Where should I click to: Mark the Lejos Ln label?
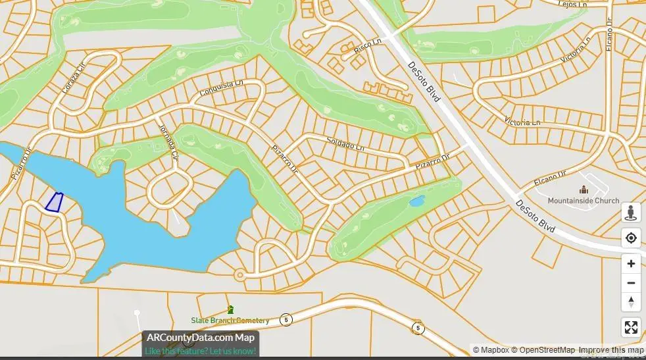pyautogui.click(x=572, y=4)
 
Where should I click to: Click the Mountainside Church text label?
pyautogui.click(x=584, y=201)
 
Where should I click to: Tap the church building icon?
pyautogui.click(x=583, y=190)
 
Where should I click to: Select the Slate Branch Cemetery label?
pyautogui.click(x=230, y=321)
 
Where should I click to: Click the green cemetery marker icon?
pyautogui.click(x=230, y=309)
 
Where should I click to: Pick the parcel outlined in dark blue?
pyautogui.click(x=54, y=202)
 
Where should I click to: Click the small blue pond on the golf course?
pyautogui.click(x=416, y=201)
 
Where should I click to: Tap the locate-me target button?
pyautogui.click(x=631, y=238)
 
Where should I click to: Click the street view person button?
pyautogui.click(x=631, y=213)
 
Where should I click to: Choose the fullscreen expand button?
pyautogui.click(x=631, y=327)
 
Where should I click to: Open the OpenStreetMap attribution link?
pyautogui.click(x=543, y=350)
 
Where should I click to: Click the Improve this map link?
pyautogui.click(x=611, y=350)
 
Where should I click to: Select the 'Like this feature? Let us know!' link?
pyautogui.click(x=201, y=351)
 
